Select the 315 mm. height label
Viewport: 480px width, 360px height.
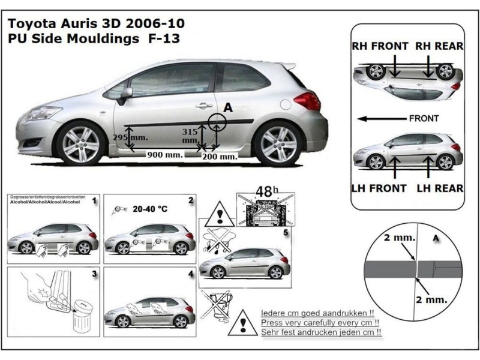tap(190, 136)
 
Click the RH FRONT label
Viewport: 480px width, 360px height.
tap(380, 46)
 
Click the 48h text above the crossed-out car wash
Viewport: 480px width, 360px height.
tap(265, 191)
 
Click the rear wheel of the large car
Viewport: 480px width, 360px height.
tap(278, 145)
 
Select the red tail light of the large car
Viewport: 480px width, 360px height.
tap(308, 100)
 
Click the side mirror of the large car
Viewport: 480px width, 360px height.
tap(125, 95)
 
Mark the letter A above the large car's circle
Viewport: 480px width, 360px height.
tap(227, 107)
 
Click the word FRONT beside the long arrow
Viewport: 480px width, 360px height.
tap(424, 118)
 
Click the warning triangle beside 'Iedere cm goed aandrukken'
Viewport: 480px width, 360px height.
tap(243, 322)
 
